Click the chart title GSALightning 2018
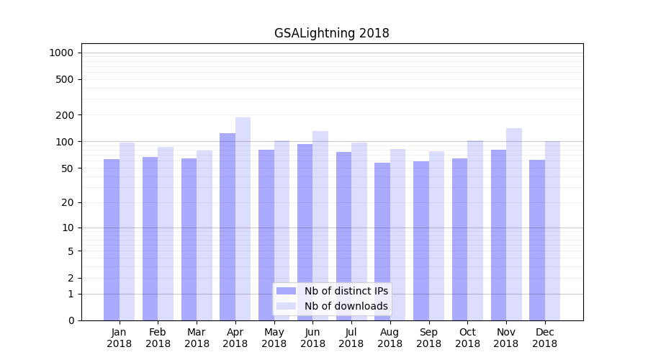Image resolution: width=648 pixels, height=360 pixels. (x=331, y=33)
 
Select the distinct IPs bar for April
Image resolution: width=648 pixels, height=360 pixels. (x=228, y=227)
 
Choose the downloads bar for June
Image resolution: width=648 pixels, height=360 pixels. (x=320, y=225)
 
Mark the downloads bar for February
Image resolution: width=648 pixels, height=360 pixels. (x=166, y=234)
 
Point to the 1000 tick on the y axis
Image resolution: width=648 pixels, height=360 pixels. (x=61, y=53)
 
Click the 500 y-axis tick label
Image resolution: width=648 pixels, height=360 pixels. (x=66, y=79)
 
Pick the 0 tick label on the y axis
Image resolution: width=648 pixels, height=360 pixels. (x=71, y=320)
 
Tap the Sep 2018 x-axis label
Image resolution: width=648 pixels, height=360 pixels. (x=428, y=338)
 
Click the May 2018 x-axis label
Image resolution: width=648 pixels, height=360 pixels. (x=274, y=338)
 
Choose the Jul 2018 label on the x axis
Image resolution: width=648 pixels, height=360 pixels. (x=351, y=338)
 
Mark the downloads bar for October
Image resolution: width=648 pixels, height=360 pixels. (x=475, y=230)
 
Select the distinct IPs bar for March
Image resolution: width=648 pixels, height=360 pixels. (x=189, y=239)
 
